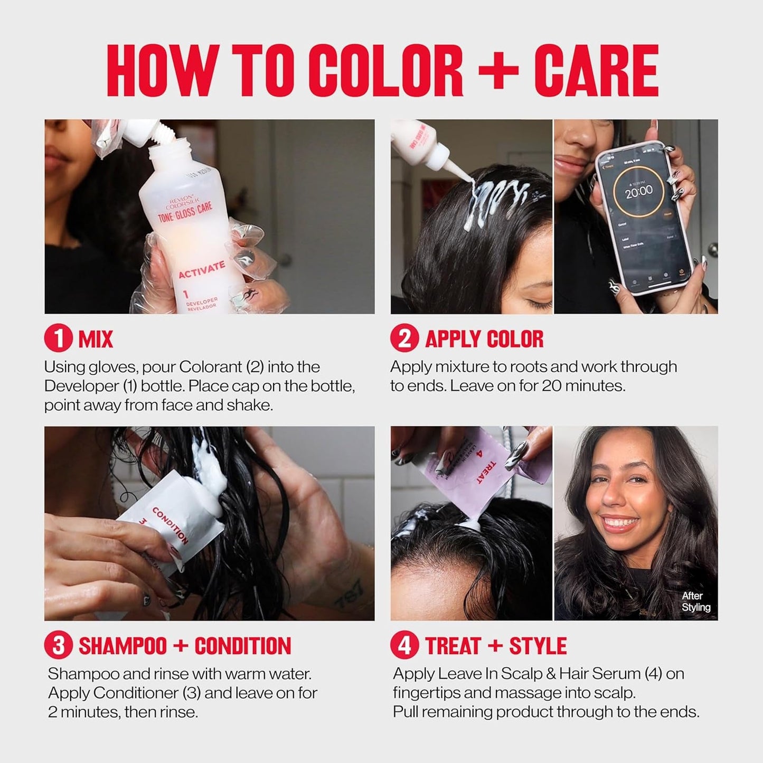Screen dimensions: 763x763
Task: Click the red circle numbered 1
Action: [58, 338]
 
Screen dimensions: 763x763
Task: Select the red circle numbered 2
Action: [404, 338]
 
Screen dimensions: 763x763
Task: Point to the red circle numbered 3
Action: [58, 646]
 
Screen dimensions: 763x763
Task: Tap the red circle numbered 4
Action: [404, 646]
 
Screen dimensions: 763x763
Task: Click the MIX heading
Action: [96, 339]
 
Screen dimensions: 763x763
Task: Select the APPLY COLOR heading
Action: [484, 339]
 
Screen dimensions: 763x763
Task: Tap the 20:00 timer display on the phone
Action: [638, 191]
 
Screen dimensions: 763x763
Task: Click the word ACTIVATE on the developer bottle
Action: [201, 269]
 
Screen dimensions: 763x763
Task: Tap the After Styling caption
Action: [695, 601]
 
